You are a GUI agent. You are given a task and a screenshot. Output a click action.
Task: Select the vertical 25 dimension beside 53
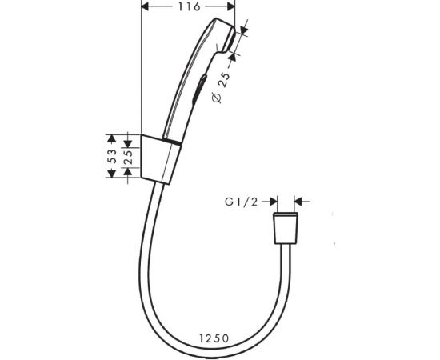point(129,157)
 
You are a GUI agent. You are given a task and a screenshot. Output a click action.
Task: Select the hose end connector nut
point(284,230)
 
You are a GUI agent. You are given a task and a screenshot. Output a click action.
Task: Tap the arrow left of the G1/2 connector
point(270,202)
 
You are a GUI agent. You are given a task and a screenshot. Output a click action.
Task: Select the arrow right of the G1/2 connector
point(299,202)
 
